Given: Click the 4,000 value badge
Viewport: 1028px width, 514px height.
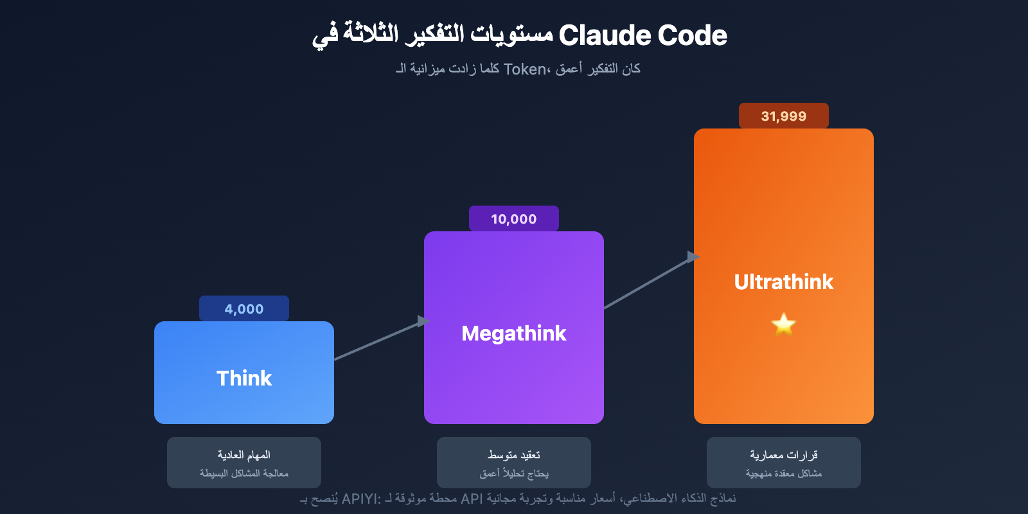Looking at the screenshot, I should click(x=244, y=308).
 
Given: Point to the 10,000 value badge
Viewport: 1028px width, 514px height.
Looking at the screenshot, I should click(x=514, y=218).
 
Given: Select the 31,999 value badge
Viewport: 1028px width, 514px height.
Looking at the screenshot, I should click(x=784, y=116).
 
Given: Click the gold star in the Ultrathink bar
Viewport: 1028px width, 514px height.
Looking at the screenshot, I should click(x=784, y=324).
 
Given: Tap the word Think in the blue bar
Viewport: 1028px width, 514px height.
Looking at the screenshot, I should click(x=244, y=378).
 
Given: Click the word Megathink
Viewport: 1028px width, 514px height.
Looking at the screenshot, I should click(x=514, y=333).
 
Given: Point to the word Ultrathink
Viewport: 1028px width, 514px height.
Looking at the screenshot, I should click(x=784, y=281).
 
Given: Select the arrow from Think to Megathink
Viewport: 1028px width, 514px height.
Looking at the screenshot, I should click(x=379, y=340).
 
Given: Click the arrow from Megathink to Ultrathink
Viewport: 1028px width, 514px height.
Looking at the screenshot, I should click(x=649, y=282).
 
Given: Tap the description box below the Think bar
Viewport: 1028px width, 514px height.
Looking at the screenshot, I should click(x=244, y=463).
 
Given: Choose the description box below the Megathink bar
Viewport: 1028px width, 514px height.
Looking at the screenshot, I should click(x=514, y=463).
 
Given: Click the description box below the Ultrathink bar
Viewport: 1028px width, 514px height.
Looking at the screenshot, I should click(x=784, y=463).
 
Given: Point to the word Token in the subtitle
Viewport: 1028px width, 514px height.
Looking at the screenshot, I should click(x=524, y=69).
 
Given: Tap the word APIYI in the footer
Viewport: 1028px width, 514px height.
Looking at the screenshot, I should click(x=359, y=499).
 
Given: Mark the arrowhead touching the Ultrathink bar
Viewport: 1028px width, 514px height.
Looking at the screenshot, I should click(x=693, y=257).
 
